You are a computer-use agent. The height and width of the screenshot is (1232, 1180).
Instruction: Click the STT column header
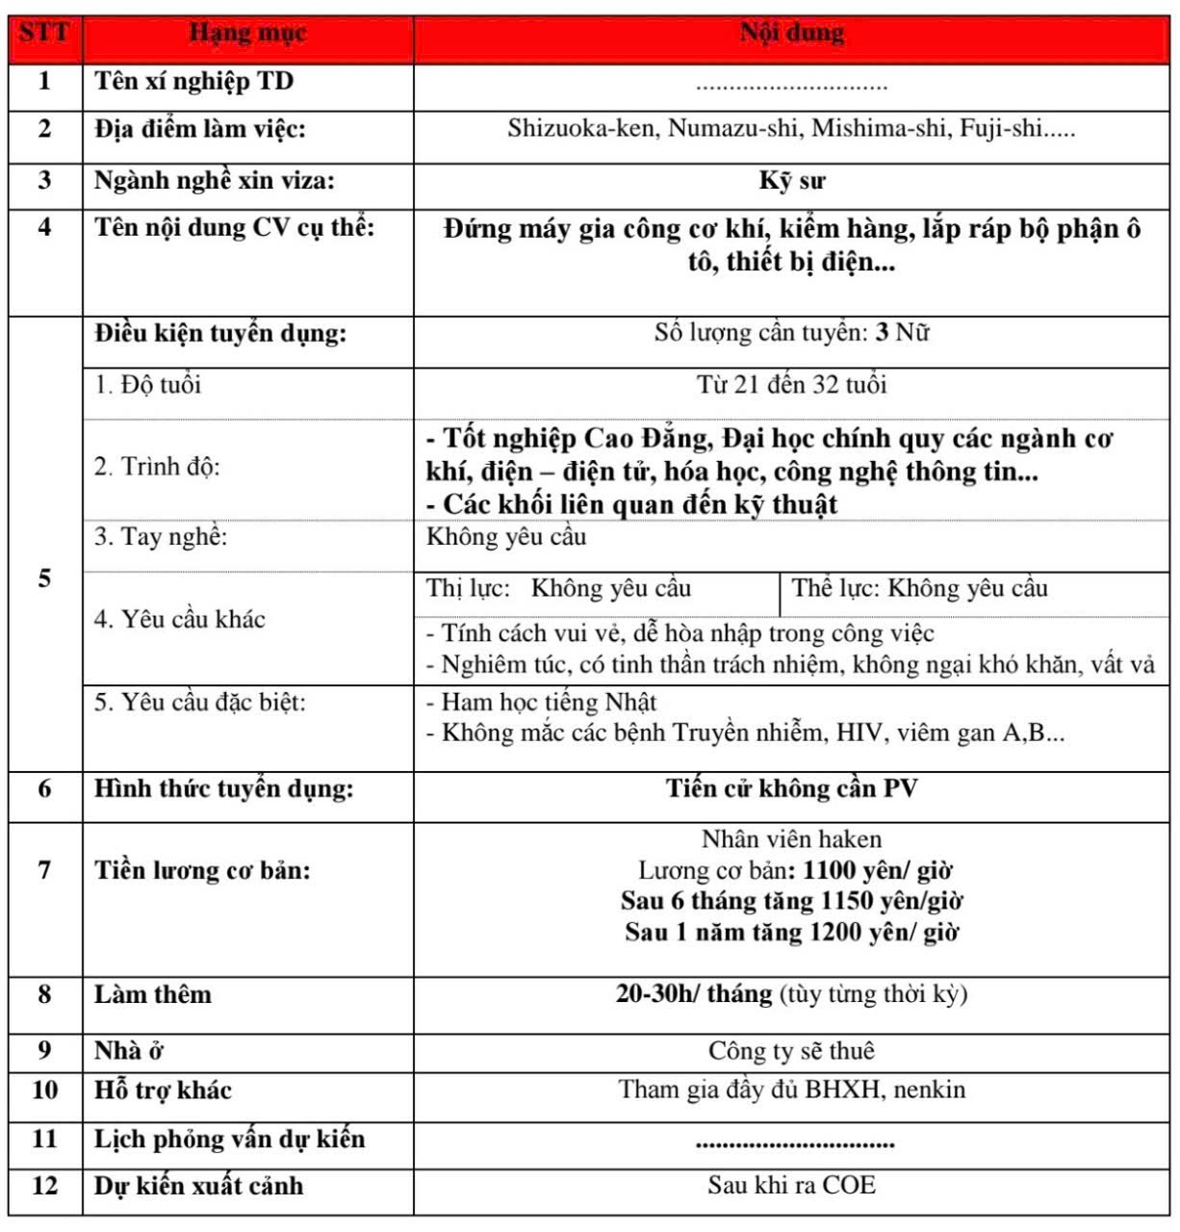point(44,34)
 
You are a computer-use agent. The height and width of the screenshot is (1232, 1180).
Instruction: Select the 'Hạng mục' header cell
point(247,34)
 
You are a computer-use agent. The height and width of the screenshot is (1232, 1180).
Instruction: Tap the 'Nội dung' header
point(791,34)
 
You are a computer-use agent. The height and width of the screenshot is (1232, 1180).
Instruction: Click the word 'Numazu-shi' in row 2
point(735,129)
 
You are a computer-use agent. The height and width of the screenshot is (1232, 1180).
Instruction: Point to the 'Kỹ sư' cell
point(791,181)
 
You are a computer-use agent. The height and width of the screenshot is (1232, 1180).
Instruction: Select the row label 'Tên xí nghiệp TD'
point(193,82)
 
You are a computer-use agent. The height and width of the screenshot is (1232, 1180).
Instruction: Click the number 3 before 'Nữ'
point(881,334)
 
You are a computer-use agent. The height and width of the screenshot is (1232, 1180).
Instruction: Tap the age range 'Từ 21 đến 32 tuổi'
point(791,386)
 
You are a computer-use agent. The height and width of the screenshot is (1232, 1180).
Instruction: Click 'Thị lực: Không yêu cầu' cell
point(559,589)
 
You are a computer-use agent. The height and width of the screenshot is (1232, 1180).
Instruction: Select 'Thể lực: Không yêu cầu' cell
point(919,589)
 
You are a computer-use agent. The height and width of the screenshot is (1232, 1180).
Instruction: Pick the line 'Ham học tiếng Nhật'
point(548,703)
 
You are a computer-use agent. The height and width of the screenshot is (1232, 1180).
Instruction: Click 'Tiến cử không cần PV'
point(791,789)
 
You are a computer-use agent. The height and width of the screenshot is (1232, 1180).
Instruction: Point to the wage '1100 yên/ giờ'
point(877,871)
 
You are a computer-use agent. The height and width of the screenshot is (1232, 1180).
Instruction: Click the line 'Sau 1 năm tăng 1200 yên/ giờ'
point(791,933)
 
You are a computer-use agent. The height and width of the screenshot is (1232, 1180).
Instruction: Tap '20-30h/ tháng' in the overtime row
point(694,994)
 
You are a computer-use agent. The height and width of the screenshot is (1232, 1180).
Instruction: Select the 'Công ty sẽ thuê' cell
point(791,1051)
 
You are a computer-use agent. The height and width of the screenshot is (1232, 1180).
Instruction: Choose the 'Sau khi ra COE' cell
point(791,1185)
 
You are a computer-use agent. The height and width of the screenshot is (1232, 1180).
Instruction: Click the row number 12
point(44,1186)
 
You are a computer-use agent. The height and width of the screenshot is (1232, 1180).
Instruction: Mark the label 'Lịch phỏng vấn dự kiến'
point(229,1140)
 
